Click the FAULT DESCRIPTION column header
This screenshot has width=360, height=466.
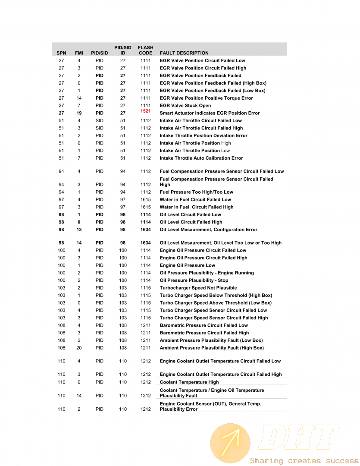(184, 53)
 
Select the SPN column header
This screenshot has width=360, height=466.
(61, 53)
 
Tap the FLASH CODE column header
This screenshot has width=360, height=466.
(145, 50)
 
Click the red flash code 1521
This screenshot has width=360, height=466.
(146, 111)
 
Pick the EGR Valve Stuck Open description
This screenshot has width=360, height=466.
(185, 106)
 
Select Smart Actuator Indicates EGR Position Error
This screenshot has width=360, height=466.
(210, 113)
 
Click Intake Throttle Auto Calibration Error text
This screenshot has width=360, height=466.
(201, 158)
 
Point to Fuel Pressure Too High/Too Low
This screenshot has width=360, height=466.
(196, 192)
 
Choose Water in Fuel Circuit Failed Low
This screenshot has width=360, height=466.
(195, 200)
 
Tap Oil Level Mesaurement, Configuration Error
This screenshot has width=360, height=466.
(208, 230)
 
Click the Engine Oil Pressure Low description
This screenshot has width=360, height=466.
(187, 265)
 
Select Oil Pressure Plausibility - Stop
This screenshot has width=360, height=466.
(194, 280)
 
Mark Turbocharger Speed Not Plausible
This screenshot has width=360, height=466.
(198, 288)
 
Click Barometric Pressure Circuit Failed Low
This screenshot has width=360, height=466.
(203, 325)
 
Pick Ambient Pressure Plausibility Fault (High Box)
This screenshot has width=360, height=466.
(212, 348)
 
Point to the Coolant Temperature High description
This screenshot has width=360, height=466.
(189, 382)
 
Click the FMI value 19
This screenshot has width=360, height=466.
(79, 113)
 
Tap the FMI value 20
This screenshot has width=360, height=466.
(79, 348)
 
